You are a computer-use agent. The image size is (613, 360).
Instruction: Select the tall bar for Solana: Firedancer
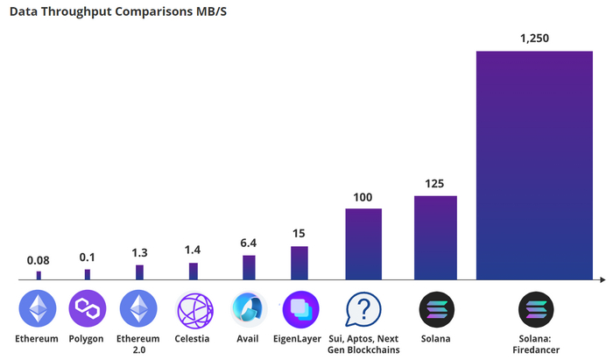tap(534, 166)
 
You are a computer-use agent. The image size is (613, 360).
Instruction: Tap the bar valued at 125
tap(435, 237)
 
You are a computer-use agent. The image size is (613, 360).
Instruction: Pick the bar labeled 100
tap(363, 244)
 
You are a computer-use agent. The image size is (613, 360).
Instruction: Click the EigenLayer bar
tap(299, 263)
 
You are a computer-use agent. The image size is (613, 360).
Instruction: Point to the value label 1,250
tap(534, 39)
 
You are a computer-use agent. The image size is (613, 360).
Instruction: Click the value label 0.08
tap(38, 260)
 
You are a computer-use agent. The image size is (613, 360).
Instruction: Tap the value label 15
tap(299, 234)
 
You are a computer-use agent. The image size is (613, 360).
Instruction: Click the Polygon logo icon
tap(87, 309)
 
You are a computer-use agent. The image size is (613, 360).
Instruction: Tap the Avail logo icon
tap(249, 309)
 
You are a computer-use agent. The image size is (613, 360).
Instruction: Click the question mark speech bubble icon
tap(363, 309)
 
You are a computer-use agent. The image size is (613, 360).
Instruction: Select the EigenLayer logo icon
tap(299, 309)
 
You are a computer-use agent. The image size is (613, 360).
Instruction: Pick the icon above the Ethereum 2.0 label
tap(139, 309)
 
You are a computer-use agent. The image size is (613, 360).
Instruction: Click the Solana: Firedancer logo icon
tap(534, 309)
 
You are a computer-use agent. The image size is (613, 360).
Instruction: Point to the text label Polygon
tap(86, 338)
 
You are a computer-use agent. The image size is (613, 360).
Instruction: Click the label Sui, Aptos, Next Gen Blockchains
tap(363, 343)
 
